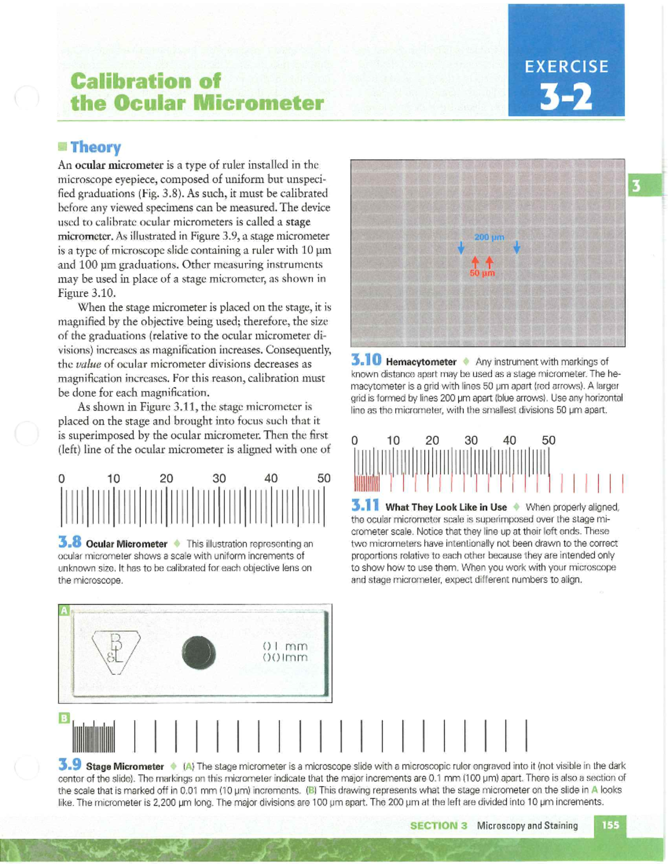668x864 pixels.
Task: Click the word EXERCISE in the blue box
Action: click(x=566, y=67)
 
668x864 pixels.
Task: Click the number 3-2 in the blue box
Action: click(x=566, y=97)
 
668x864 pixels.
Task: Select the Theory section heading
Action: click(x=95, y=147)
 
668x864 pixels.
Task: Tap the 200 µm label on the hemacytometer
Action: click(x=489, y=237)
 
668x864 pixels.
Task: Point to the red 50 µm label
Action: click(x=482, y=273)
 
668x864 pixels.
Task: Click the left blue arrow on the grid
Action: click(x=461, y=248)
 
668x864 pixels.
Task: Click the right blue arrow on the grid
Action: click(x=517, y=247)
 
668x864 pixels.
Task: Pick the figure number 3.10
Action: click(x=366, y=361)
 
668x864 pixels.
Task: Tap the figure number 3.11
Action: click(x=365, y=506)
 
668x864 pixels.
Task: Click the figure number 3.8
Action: click(x=70, y=542)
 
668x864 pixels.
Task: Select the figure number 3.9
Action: click(x=70, y=765)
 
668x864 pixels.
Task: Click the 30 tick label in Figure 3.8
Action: click(x=219, y=478)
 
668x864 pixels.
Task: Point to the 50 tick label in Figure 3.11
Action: click(x=548, y=440)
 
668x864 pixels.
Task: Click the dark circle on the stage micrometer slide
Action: click(x=198, y=653)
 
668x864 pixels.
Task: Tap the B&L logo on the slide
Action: click(x=116, y=651)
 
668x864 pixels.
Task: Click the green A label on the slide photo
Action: click(x=65, y=610)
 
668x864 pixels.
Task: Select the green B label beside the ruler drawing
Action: click(x=65, y=718)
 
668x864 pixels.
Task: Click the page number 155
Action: click(x=610, y=825)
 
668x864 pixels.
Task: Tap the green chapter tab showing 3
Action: click(x=636, y=185)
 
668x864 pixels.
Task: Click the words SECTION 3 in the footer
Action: click(x=438, y=826)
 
